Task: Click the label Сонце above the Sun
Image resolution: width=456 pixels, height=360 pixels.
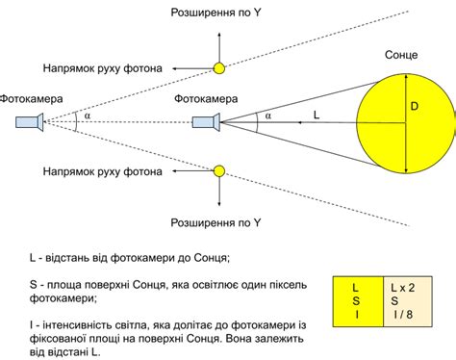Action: (399, 57)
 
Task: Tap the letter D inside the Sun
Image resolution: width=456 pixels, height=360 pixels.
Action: (414, 108)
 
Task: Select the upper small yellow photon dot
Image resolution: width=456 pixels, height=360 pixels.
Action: (219, 68)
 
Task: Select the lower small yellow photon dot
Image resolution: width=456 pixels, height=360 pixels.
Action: (219, 171)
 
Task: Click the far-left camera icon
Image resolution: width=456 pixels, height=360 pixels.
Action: (29, 121)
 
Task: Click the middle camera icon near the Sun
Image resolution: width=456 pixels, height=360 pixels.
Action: (205, 121)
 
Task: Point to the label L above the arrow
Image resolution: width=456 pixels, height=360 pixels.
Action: (317, 113)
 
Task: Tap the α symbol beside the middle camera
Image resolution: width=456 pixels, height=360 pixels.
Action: (267, 116)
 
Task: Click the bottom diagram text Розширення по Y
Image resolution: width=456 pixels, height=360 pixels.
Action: (215, 222)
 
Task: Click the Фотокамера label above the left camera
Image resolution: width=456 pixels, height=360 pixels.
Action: (31, 97)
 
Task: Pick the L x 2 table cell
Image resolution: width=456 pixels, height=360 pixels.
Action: (403, 287)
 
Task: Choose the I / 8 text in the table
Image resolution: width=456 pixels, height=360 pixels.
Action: (403, 314)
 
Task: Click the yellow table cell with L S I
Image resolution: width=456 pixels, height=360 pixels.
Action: (356, 300)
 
